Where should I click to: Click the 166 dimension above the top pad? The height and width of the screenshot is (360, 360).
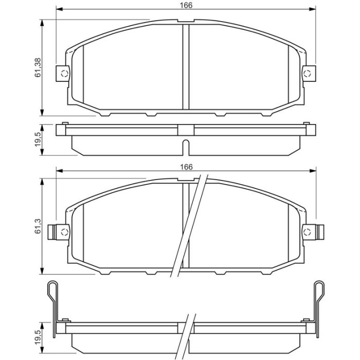tap(186, 5)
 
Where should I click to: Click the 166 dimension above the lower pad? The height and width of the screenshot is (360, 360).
tap(186, 167)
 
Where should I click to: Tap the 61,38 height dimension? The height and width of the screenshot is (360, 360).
tap(38, 67)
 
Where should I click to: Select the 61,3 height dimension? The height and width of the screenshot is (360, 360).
tap(38, 226)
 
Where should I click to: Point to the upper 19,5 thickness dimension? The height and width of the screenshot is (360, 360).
tap(38, 139)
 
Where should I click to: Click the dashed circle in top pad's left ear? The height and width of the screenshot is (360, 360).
tap(64, 74)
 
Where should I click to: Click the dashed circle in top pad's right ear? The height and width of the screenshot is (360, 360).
tap(307, 74)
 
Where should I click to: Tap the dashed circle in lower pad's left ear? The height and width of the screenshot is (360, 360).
tap(64, 232)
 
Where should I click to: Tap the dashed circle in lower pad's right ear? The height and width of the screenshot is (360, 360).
tap(307, 232)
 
